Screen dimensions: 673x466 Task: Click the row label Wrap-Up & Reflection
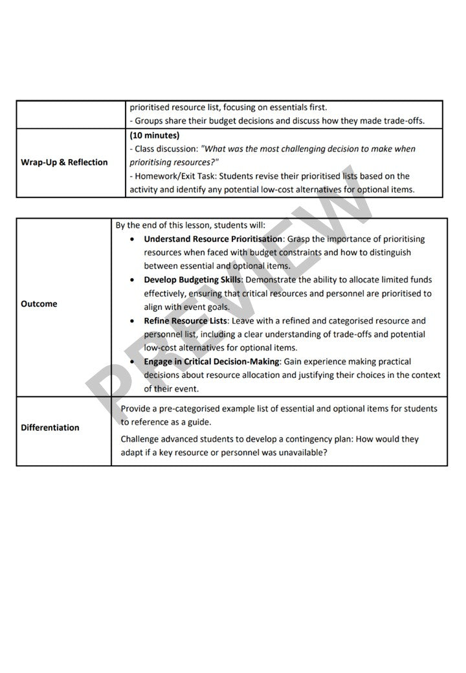[64, 162]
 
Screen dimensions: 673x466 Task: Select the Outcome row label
[39, 304]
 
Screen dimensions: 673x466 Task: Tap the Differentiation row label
[50, 428]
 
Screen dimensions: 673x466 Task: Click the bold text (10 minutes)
[155, 136]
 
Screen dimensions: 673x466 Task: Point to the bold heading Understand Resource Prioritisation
[213, 239]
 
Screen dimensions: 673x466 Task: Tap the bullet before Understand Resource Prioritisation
[132, 239]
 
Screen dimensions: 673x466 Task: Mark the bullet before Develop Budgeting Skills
[132, 280]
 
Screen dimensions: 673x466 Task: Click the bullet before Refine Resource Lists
[132, 321]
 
